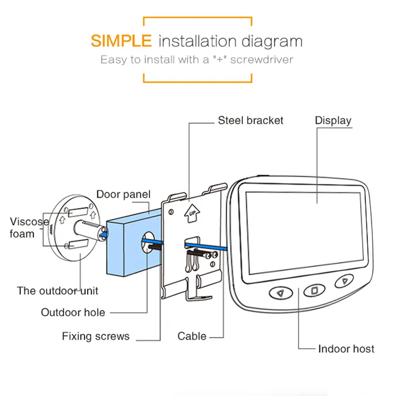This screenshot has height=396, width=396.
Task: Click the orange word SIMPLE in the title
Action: (121, 41)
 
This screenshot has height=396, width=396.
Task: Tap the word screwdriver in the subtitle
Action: (261, 60)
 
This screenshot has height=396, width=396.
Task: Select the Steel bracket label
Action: (250, 121)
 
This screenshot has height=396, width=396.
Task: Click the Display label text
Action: (333, 121)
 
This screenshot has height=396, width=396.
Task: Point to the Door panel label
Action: (123, 194)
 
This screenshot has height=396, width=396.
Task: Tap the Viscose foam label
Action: (29, 227)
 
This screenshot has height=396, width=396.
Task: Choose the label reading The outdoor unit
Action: (57, 291)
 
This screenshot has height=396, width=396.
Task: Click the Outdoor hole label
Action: (73, 313)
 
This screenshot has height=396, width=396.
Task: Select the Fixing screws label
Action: (96, 336)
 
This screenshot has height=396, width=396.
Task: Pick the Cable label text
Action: (192, 336)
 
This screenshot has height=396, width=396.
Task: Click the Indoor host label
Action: (346, 349)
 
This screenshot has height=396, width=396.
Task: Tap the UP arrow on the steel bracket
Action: (192, 213)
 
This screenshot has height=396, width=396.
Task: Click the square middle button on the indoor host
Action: (315, 290)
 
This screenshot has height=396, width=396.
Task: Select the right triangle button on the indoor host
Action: (344, 280)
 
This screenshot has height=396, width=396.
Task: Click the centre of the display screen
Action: (305, 232)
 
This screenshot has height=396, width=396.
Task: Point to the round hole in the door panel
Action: (148, 243)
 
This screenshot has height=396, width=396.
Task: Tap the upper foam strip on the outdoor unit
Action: (78, 212)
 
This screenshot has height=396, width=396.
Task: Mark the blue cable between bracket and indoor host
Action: (206, 246)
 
